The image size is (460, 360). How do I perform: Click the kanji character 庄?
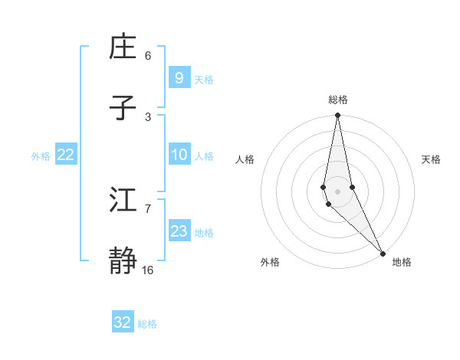125,47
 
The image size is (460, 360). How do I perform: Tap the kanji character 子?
125,109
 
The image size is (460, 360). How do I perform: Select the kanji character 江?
125,201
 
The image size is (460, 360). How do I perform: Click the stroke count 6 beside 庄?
148,55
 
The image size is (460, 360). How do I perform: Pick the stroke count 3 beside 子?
148,116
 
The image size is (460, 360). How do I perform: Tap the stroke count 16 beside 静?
148,270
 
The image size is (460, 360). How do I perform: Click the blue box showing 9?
179,78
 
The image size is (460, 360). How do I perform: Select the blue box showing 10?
179,155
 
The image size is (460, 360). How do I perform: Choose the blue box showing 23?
179,231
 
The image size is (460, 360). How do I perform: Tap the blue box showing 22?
66,155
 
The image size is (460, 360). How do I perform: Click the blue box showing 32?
123,322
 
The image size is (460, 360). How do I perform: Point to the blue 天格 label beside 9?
204,79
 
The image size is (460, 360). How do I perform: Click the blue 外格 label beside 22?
41,155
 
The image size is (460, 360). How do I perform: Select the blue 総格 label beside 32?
147,323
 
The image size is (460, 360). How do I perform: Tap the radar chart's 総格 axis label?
338,100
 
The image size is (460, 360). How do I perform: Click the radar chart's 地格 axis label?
402,262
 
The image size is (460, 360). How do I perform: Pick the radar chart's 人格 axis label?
245,159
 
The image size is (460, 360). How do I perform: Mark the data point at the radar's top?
337,116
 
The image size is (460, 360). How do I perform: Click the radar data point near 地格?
383,254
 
